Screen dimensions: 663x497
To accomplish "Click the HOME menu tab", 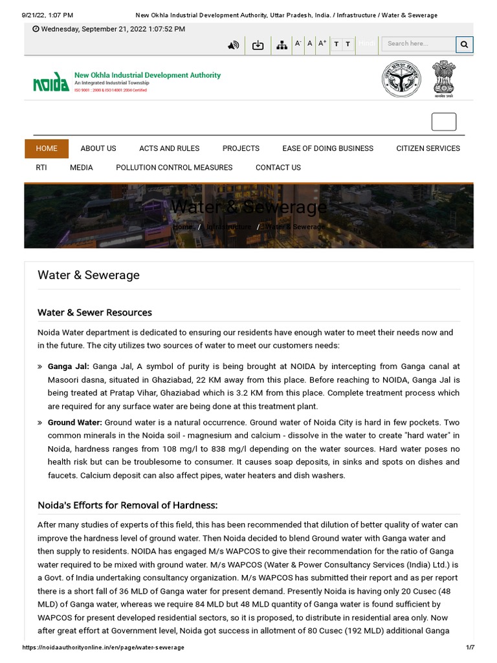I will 47,148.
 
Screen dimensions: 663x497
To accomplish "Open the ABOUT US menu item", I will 98,148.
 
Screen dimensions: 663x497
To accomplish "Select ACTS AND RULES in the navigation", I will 169,148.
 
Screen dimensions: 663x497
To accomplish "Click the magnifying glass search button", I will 464,44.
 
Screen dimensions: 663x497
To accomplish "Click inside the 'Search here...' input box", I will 417,44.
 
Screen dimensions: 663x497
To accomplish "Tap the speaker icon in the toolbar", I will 234,45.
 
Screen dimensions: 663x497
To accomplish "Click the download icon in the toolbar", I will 258,45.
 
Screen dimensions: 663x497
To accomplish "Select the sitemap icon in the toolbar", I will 282,45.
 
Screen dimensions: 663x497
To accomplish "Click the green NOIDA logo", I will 51,82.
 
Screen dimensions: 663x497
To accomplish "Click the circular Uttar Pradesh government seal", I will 399,79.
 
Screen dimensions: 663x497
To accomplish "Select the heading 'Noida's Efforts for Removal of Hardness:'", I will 127,505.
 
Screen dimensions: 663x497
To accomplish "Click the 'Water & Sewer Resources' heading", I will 94,313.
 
